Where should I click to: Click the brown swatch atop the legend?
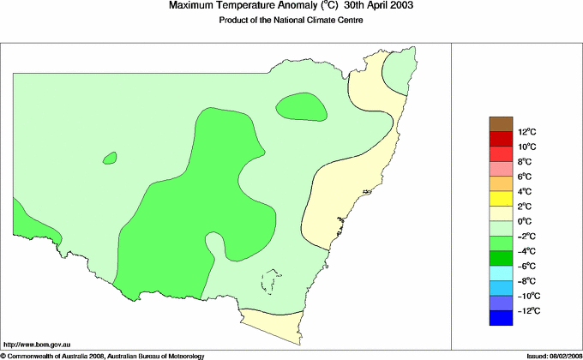(501, 123)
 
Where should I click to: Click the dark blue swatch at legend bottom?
(501, 318)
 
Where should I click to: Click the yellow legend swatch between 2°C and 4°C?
(501, 199)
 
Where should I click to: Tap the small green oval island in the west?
(109, 158)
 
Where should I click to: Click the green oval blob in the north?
(301, 107)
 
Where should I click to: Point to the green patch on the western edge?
(26, 225)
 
